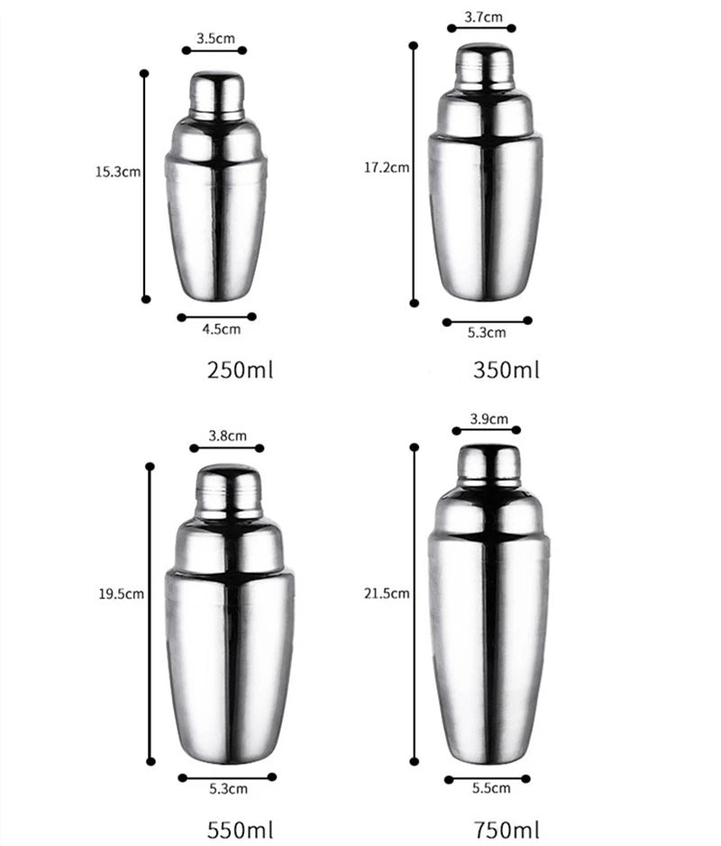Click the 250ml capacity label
point(240,369)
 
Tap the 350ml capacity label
point(506,369)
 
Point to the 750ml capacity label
point(507,827)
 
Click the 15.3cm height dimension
point(117,171)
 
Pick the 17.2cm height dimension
point(387,167)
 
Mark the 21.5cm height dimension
point(388,593)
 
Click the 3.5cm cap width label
point(215,38)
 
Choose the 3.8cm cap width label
point(227,435)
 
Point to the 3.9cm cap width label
point(489,418)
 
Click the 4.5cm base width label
point(221,330)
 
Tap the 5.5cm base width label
point(490,788)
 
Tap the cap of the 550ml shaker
point(228,491)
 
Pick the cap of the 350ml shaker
point(484,67)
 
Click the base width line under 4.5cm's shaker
point(216,316)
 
